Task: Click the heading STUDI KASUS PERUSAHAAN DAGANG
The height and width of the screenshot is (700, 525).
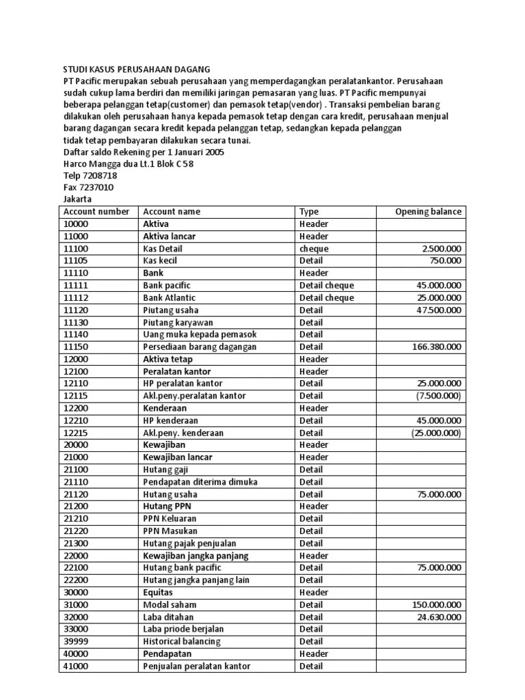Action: [x=137, y=69]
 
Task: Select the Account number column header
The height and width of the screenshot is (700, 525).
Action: [x=96, y=212]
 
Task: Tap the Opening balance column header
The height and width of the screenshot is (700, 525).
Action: [x=428, y=212]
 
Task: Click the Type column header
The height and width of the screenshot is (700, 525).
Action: [x=309, y=212]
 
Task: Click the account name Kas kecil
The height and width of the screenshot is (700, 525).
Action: [x=159, y=260]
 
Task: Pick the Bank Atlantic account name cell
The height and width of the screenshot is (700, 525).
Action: [x=169, y=297]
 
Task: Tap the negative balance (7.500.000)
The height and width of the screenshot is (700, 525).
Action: [x=438, y=396]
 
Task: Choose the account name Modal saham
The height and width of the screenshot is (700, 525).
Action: [x=170, y=604]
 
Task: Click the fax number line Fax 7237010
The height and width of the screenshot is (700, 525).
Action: [x=88, y=187]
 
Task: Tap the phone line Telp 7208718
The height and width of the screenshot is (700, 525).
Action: [x=90, y=175]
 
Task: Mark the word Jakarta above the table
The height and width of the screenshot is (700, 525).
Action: [x=77, y=199]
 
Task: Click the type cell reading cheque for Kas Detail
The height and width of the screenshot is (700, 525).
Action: [x=314, y=249]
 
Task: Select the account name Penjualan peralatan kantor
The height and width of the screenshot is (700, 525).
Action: [x=197, y=666]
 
